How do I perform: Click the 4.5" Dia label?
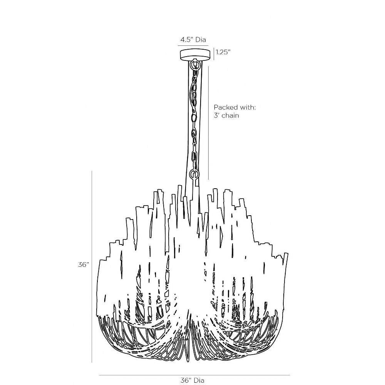click(x=193, y=40)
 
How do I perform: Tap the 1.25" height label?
click(x=223, y=52)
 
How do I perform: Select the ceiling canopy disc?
click(x=196, y=55)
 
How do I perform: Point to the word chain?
click(x=230, y=115)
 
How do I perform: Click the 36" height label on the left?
click(x=83, y=264)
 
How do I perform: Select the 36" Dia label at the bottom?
click(x=192, y=380)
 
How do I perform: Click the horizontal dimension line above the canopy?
click(x=193, y=45)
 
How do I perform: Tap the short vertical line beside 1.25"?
click(x=214, y=54)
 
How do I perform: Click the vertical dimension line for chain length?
click(x=208, y=122)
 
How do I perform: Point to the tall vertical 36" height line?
click(x=92, y=267)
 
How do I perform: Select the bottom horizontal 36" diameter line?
click(x=194, y=375)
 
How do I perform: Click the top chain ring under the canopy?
click(x=195, y=64)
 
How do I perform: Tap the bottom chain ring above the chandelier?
click(x=194, y=174)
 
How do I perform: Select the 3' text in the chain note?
click(x=216, y=115)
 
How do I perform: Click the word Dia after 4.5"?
click(x=201, y=40)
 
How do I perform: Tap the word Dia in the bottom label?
click(x=199, y=380)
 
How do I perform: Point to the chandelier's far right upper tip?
click(x=286, y=253)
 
